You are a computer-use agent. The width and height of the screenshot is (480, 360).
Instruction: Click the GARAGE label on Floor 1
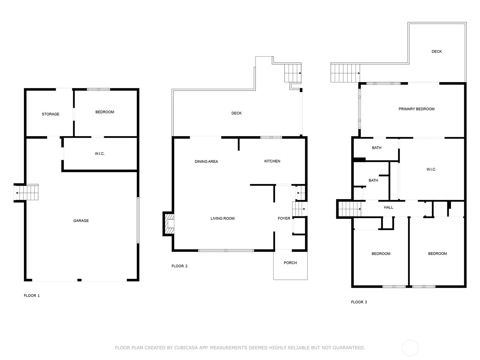(81, 221)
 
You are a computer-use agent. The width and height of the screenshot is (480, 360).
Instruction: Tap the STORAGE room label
(50, 114)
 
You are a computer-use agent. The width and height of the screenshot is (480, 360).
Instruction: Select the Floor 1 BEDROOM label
(105, 112)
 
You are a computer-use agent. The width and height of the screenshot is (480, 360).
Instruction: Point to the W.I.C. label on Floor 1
(100, 154)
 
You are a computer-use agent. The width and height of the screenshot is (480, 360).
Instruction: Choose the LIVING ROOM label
(222, 218)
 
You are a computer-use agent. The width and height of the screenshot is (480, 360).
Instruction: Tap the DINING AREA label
(206, 161)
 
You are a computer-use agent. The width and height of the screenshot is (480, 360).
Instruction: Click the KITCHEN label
(272, 161)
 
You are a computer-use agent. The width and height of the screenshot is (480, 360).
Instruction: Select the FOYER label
(284, 218)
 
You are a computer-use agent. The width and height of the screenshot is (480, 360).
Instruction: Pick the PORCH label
(290, 263)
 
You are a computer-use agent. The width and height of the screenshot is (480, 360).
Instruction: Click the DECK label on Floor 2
(236, 113)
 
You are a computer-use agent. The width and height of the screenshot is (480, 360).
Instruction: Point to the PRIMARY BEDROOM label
(416, 109)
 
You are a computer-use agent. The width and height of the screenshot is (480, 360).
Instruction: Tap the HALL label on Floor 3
(388, 207)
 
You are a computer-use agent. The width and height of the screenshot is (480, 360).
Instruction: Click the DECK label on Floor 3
(436, 51)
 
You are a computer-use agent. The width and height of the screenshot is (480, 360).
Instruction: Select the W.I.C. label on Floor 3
(431, 169)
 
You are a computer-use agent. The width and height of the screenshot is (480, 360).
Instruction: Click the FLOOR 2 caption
(179, 266)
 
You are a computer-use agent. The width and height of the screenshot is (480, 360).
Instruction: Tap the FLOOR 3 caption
(359, 302)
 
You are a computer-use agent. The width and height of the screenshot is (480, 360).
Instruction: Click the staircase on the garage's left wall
(26, 192)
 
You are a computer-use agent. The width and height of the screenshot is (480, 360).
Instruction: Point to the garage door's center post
(79, 280)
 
